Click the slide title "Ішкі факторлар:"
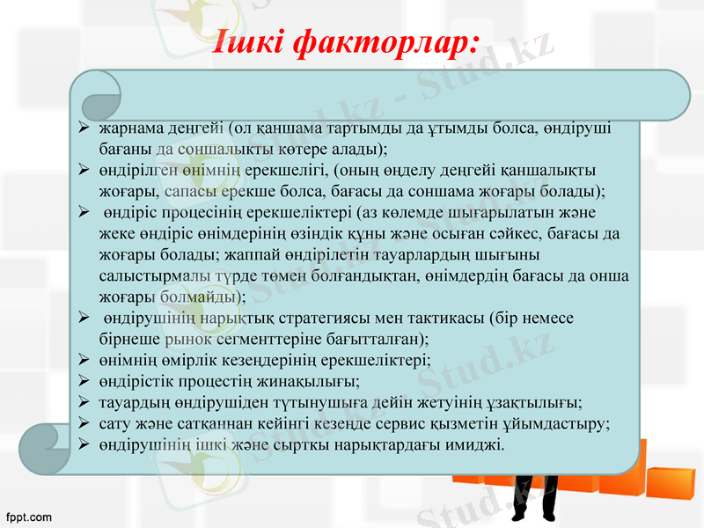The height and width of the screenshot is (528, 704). pos(347,41)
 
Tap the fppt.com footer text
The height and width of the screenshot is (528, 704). pos(28,517)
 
